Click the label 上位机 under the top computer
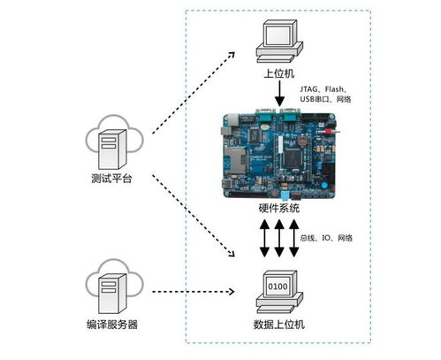[278, 73]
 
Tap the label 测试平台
[111, 179]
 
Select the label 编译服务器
[112, 325]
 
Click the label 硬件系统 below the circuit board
[278, 208]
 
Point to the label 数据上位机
[278, 325]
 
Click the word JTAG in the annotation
[309, 89]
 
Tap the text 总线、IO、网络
[326, 238]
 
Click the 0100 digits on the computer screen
[278, 286]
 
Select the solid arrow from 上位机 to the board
[279, 94]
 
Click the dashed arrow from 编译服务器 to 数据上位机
[194, 292]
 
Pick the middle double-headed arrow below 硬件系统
[279, 238]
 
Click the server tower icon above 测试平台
[112, 149]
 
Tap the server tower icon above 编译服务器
[112, 294]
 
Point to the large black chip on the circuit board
[293, 158]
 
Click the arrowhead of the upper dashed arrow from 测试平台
[232, 55]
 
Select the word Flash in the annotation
[334, 89]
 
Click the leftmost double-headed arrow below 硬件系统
[264, 238]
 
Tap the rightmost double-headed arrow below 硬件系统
[293, 238]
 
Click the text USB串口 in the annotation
[314, 99]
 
